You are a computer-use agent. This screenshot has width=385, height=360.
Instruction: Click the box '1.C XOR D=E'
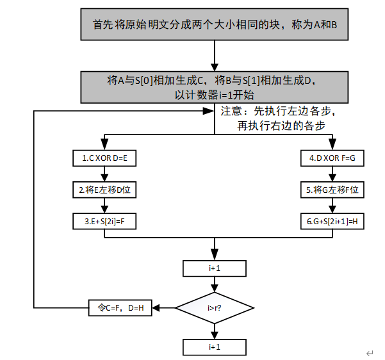(105, 158)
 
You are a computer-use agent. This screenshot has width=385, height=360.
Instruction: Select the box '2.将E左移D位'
(105, 190)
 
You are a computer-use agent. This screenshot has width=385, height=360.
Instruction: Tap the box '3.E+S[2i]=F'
(105, 221)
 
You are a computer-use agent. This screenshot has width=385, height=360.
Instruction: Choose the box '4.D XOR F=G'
(332, 158)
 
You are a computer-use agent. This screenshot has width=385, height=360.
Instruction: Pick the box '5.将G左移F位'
(332, 190)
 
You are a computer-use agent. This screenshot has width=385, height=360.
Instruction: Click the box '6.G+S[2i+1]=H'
(332, 221)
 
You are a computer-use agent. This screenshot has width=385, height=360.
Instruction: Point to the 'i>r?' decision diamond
(215, 307)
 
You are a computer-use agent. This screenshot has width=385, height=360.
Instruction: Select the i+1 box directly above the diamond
(215, 268)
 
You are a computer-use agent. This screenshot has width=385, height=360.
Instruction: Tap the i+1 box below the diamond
(215, 347)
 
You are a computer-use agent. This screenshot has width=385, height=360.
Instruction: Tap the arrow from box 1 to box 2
(105, 174)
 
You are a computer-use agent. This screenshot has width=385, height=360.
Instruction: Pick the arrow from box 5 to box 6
(332, 206)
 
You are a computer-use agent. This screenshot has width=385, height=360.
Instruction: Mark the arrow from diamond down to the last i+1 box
(215, 329)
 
